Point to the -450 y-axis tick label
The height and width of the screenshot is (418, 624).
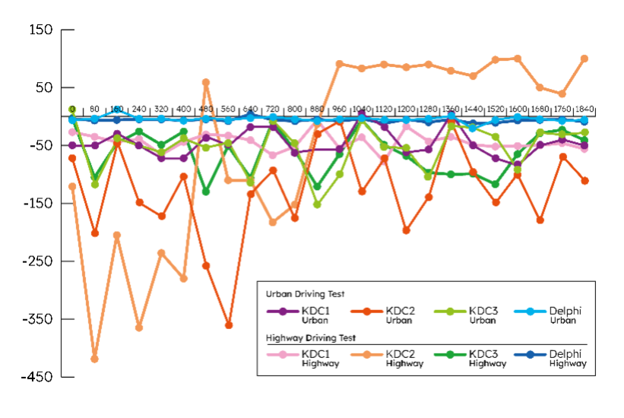[x=36, y=376]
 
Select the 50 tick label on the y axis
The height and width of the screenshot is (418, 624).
[x=43, y=87]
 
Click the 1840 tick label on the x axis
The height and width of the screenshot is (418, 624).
[x=584, y=109]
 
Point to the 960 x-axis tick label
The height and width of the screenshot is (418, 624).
[x=339, y=109]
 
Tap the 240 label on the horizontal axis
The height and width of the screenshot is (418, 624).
[x=139, y=109]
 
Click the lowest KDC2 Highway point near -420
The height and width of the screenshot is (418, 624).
[x=95, y=359]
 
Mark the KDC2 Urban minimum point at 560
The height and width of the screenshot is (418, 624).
[x=228, y=325]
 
